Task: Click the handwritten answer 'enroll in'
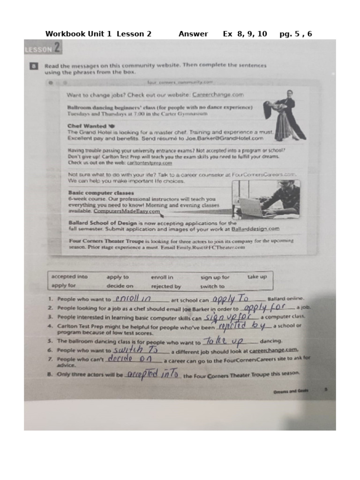point(133,299)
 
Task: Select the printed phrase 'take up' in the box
point(257,277)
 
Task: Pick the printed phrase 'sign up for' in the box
point(215,277)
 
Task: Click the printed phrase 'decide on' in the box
point(120,286)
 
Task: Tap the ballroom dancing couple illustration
point(283,114)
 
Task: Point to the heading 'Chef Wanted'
point(87,126)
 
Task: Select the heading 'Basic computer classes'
point(101,193)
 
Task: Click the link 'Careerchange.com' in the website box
point(218,94)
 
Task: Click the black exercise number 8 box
point(34,66)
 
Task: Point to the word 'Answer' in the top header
point(193,34)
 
